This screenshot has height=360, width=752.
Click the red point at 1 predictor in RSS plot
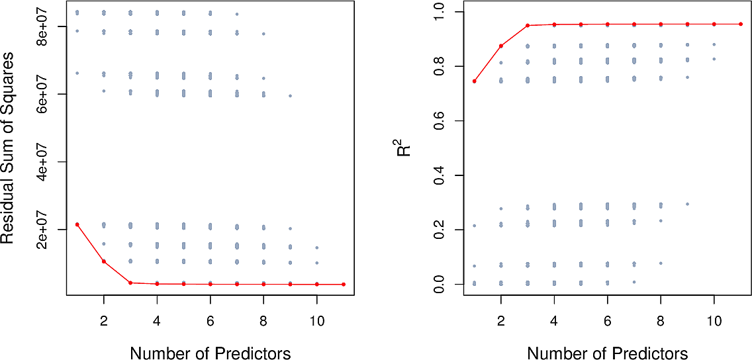click(77, 224)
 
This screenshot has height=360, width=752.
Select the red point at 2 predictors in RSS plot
click(104, 261)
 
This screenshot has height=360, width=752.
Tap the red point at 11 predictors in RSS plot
click(344, 285)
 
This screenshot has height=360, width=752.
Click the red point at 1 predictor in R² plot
click(475, 81)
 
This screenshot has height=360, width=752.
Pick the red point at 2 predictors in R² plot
click(501, 46)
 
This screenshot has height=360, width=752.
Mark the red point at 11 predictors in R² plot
click(741, 24)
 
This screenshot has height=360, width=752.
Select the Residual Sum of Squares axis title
click(9, 148)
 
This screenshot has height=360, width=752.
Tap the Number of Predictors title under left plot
click(211, 353)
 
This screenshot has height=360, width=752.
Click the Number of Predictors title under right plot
click(608, 353)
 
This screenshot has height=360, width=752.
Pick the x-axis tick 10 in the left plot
click(317, 318)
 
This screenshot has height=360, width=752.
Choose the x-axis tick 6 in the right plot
click(608, 318)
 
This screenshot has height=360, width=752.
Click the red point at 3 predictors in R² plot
click(528, 26)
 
